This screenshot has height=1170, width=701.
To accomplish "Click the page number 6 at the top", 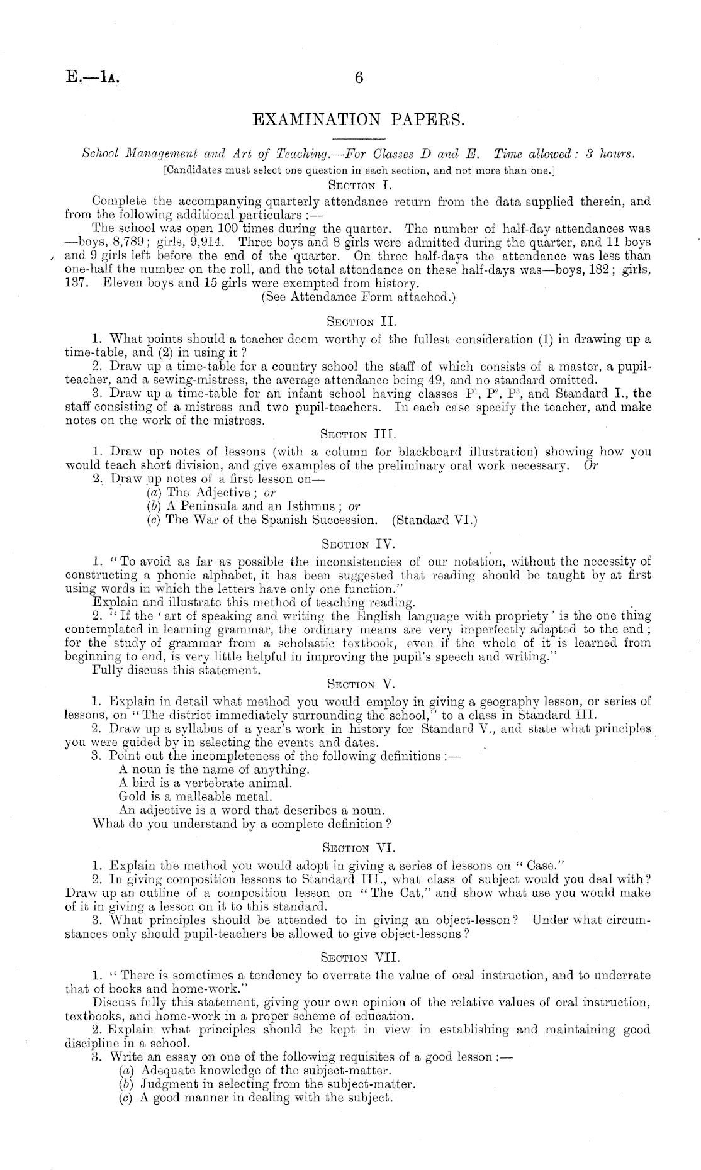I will [x=359, y=78].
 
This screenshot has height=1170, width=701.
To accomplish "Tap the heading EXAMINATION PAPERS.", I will [x=357, y=119].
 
